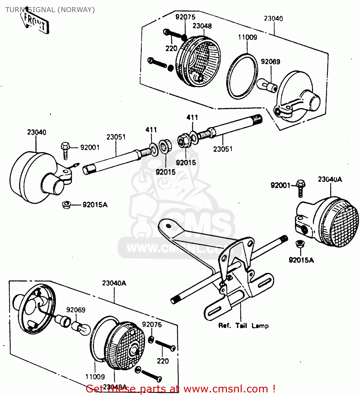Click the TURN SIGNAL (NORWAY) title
point(50,10)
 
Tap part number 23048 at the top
point(202,26)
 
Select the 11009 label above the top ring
point(247,37)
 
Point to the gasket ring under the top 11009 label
point(242,76)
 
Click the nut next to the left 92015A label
point(66,204)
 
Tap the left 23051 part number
point(116,137)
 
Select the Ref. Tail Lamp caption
point(243,326)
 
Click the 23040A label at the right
point(330,179)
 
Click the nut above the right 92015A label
point(299,244)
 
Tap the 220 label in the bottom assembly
point(162,361)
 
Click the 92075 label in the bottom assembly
point(152,324)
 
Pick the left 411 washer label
point(151,130)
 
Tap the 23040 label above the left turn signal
point(37,132)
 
